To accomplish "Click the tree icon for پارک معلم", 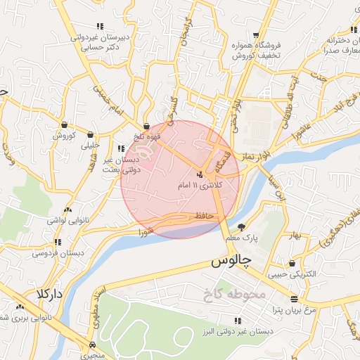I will tap(243, 227).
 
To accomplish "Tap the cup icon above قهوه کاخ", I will tap(146, 127).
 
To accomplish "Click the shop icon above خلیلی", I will tap(91, 135).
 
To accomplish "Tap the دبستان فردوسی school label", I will tap(64, 251).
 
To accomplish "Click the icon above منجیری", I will tap(93, 345).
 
